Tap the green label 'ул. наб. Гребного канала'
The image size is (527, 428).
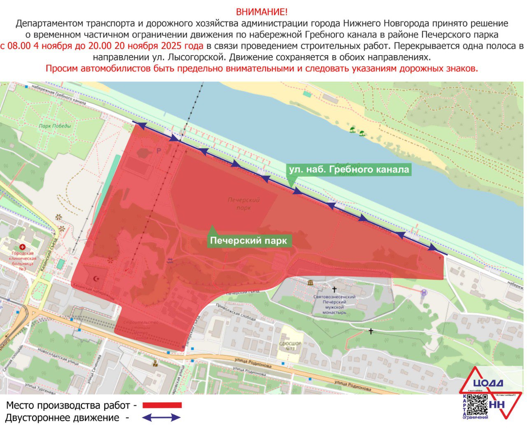[x=349, y=170]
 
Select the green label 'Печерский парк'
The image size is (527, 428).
[x=248, y=241]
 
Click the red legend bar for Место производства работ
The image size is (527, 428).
[x=162, y=405]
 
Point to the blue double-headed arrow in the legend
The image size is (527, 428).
[x=161, y=418]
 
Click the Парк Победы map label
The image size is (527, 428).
[x=55, y=126]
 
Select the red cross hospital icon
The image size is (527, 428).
[x=22, y=247]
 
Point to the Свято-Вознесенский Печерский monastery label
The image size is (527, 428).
[x=334, y=305]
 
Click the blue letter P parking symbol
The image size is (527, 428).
[x=159, y=151]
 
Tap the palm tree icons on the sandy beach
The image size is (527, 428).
[x=357, y=132]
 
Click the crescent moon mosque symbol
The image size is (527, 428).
[x=98, y=279]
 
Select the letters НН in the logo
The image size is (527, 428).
[x=497, y=405]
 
